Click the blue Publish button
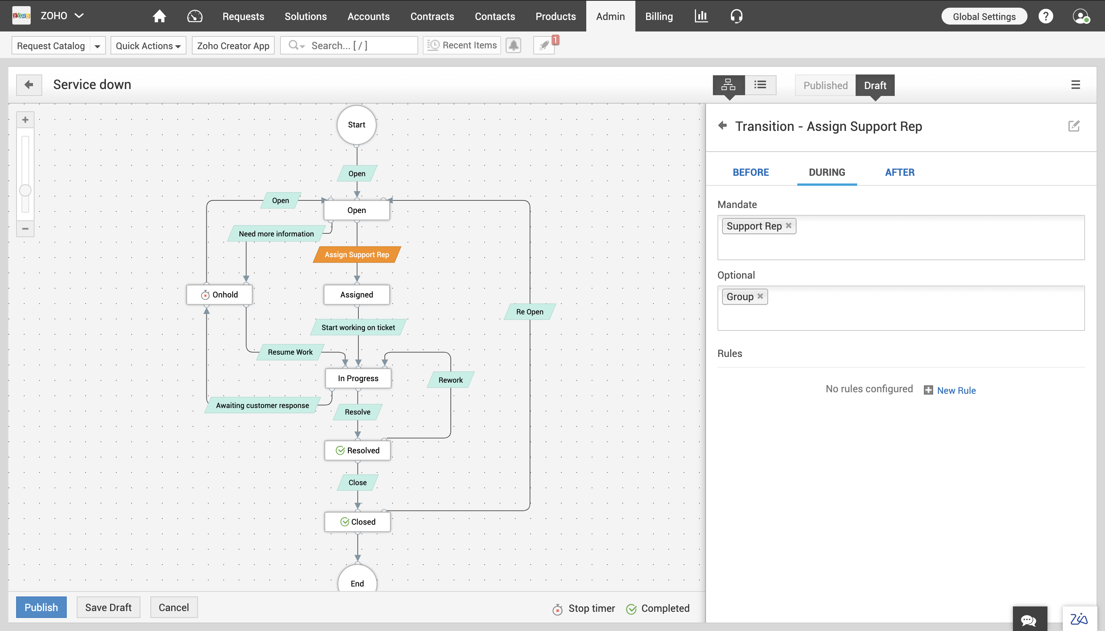(41, 607)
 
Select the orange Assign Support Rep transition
(356, 254)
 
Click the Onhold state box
(219, 295)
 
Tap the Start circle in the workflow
(356, 125)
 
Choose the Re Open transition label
(529, 312)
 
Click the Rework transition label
(450, 380)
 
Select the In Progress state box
(358, 378)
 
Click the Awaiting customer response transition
(262, 405)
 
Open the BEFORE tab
(751, 172)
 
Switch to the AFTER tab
(900, 172)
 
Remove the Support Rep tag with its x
(788, 225)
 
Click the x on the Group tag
(760, 296)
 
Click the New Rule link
(956, 390)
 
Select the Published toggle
(825, 85)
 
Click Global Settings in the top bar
(984, 17)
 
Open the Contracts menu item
(432, 17)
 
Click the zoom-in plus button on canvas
(25, 120)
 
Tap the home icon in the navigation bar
(159, 17)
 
